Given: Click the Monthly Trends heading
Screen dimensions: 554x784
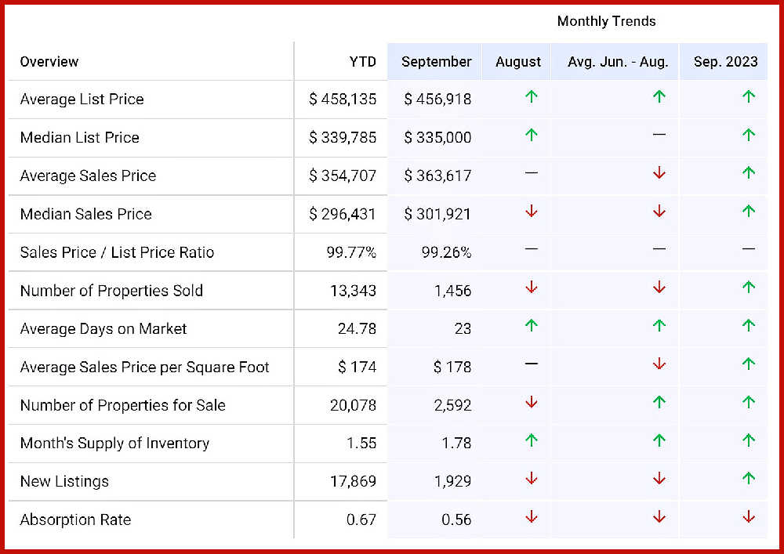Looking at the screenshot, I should point(606,21).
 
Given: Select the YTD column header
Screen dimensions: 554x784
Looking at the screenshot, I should point(362,62).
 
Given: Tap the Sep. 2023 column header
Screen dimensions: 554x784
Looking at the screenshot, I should point(725,62).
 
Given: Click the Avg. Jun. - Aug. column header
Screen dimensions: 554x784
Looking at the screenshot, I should point(618,62).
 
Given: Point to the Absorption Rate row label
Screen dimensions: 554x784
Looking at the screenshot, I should point(75,520).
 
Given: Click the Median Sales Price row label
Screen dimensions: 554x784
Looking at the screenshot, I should point(85,214).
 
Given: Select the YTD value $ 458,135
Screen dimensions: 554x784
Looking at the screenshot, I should point(343,100).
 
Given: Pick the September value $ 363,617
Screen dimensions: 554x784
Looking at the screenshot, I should point(437,176).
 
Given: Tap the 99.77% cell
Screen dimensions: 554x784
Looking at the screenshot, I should point(351,252).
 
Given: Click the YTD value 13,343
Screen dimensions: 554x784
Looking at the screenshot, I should point(353,291).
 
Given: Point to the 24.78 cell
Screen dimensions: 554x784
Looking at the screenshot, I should point(357,328).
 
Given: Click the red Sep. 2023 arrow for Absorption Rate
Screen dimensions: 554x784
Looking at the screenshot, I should point(749,516).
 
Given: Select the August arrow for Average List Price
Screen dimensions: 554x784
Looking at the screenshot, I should point(532,97).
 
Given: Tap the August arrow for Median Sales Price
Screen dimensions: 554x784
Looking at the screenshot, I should point(532,211).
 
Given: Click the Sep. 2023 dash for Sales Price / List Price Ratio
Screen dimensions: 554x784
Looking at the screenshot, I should point(749,249).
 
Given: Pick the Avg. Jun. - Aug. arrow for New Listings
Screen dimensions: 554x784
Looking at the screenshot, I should point(659,478).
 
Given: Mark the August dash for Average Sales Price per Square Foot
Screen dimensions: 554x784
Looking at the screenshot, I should point(532,364).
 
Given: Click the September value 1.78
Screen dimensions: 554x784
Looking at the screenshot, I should point(456,444).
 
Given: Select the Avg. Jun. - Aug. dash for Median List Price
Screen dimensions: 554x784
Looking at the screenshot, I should point(659,135).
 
